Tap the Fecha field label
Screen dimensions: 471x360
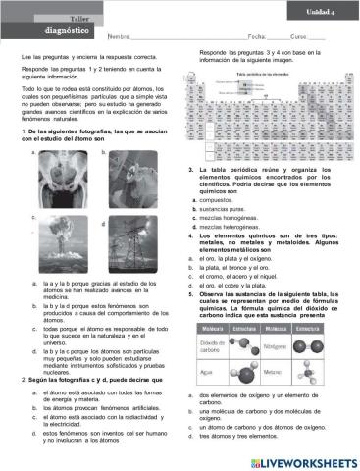[x=259, y=36]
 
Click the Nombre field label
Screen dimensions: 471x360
[x=117, y=36]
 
